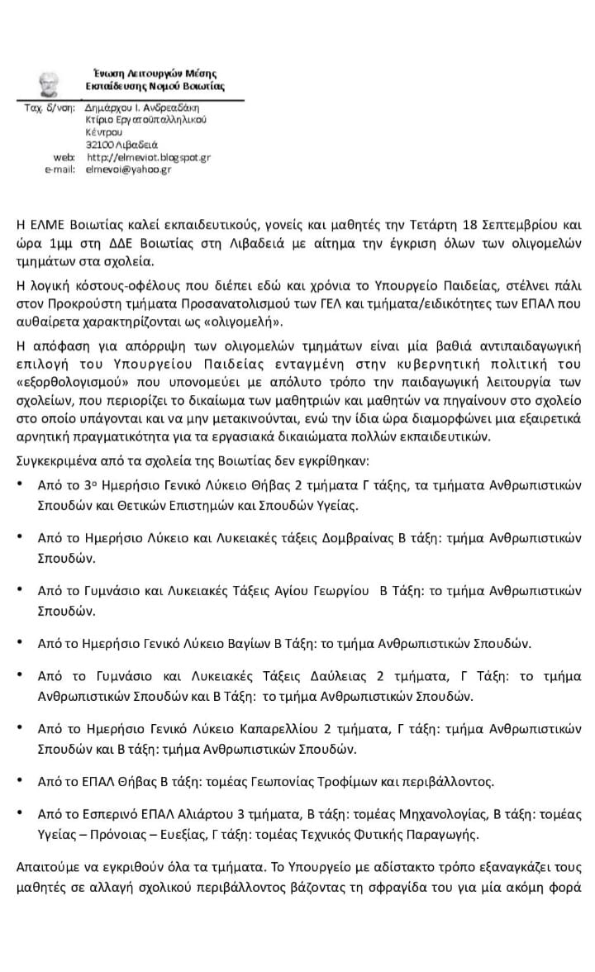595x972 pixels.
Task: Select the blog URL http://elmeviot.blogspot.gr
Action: pyautogui.click(x=148, y=157)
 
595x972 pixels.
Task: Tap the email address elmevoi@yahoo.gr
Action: pyautogui.click(x=128, y=169)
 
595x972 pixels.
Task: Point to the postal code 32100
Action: pyautogui.click(x=101, y=145)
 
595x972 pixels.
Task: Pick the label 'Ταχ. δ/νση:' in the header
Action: pyautogui.click(x=50, y=107)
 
